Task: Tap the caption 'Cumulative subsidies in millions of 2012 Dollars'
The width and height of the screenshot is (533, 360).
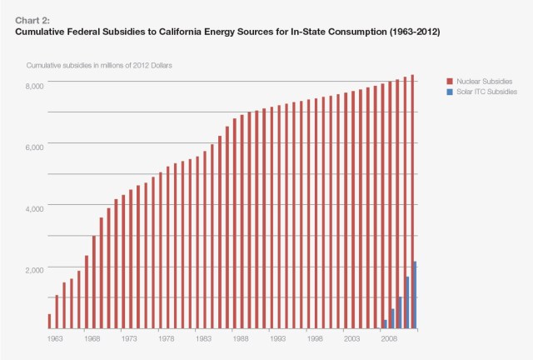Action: point(104,65)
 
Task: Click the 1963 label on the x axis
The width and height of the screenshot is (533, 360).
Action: point(54,338)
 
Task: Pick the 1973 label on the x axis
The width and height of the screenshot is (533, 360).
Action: point(128,338)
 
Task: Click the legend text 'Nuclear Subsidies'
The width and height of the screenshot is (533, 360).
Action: point(485,81)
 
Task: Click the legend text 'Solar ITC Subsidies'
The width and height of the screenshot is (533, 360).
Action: point(487,91)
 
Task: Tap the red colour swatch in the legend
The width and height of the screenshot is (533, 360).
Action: point(451,81)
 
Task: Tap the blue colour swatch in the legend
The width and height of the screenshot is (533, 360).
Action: point(451,91)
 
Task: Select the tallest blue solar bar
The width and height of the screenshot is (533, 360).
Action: point(415,296)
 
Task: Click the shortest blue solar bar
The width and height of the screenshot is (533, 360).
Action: point(385,324)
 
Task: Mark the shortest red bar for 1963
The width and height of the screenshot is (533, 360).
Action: point(49,322)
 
